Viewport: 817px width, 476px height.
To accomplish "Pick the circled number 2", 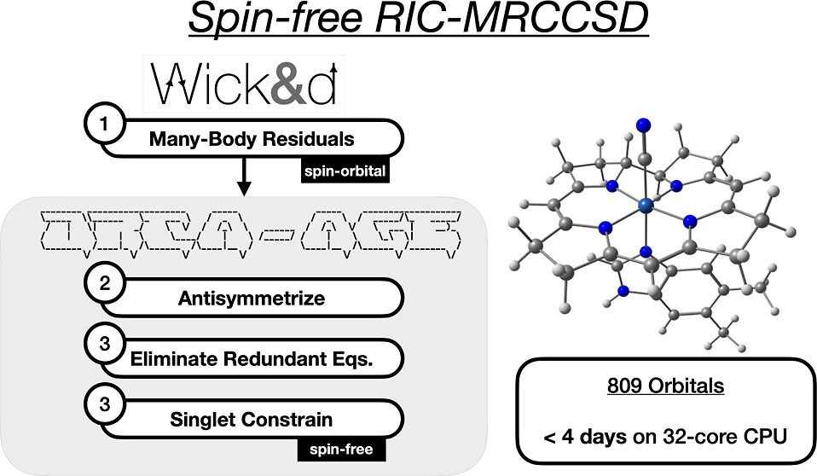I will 104,287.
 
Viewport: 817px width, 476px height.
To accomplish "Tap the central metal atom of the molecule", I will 646,205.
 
